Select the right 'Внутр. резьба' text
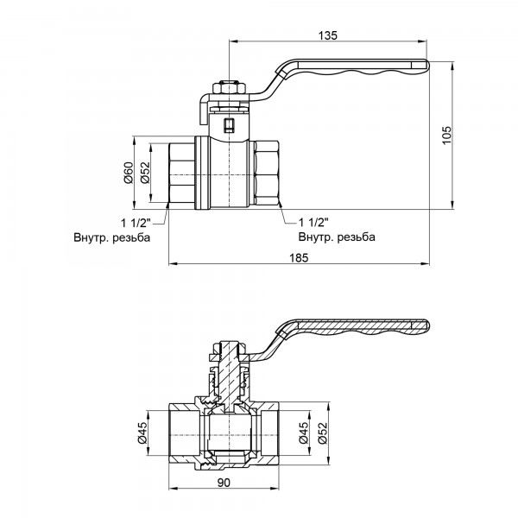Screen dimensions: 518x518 [337, 237]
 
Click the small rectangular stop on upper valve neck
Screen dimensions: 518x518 [229, 125]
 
